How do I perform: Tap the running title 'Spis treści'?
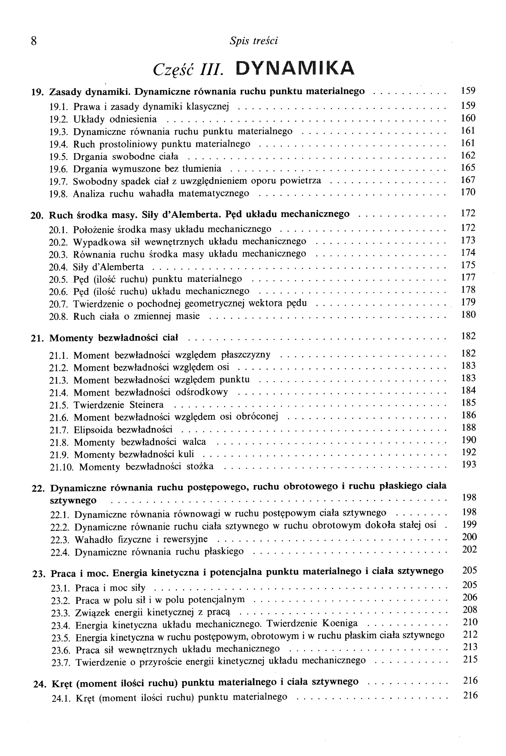[x=254, y=41]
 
